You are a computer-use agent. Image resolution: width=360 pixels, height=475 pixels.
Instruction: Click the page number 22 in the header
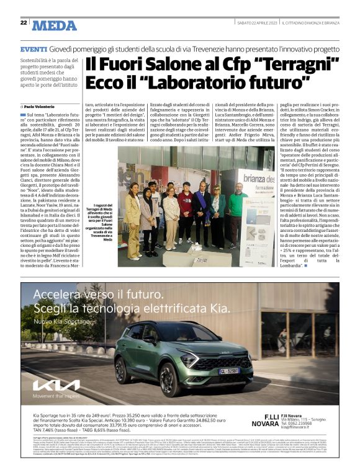point(23,22)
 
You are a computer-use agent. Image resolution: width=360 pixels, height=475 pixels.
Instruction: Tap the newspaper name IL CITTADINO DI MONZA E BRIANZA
point(311,22)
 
